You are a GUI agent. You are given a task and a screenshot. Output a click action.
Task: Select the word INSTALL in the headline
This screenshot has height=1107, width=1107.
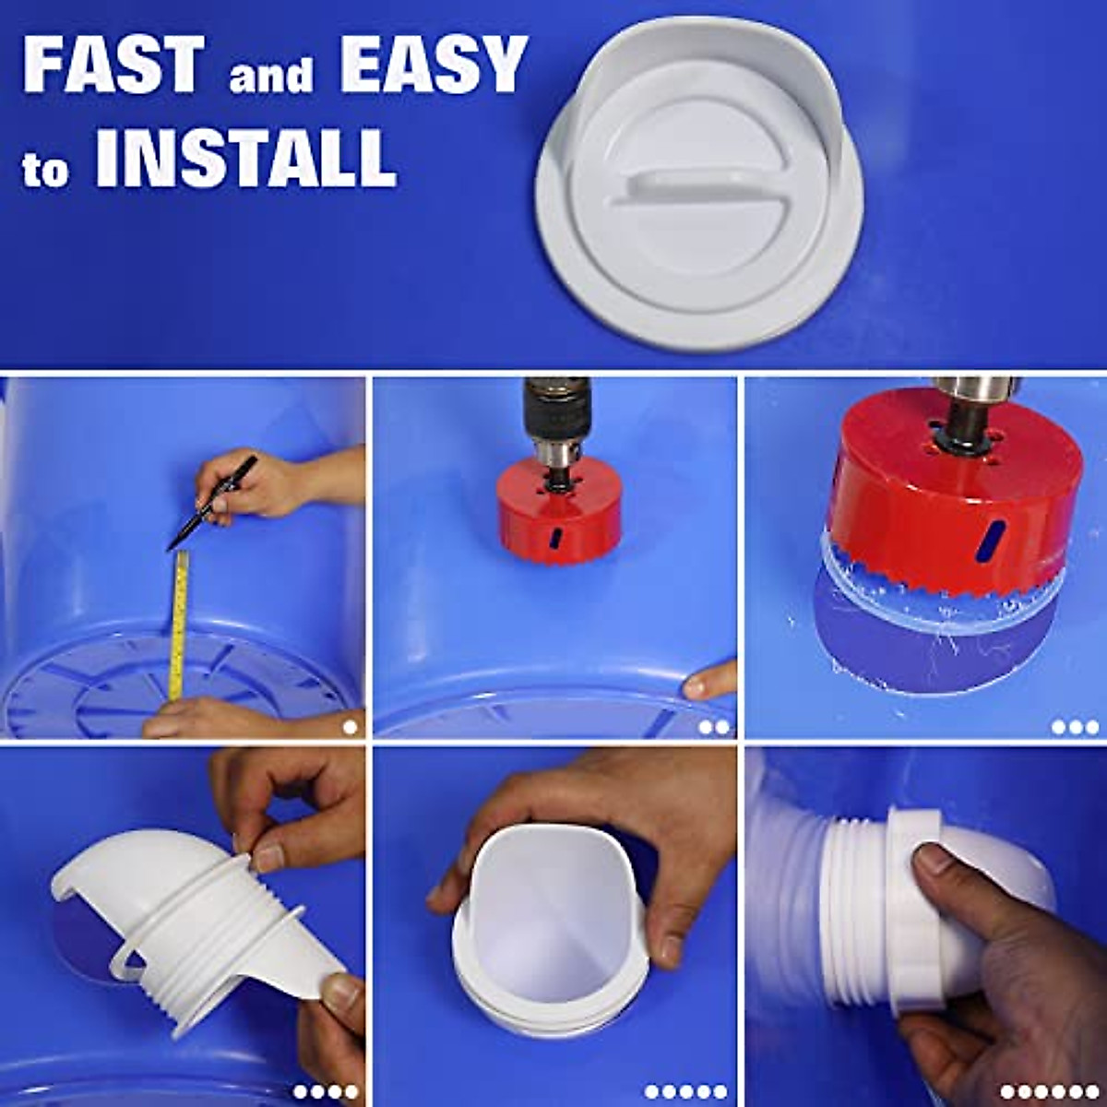(x=245, y=159)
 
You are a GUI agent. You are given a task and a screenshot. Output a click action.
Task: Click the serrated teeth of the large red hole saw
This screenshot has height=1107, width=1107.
(x=941, y=586)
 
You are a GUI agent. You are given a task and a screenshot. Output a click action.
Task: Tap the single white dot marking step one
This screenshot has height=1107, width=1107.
(x=350, y=727)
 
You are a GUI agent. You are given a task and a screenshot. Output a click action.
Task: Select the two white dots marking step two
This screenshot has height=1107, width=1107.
(x=714, y=727)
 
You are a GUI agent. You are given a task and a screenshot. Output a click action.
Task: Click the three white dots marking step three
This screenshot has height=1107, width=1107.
(x=1075, y=727)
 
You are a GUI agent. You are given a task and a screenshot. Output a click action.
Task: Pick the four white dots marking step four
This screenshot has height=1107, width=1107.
(x=326, y=1092)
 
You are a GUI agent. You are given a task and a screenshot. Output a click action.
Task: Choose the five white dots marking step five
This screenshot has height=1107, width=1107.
(x=686, y=1092)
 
